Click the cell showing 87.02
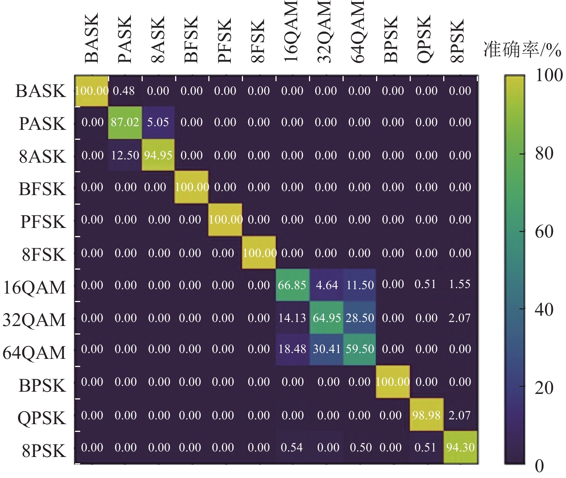[x=125, y=122]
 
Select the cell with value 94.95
[x=158, y=155]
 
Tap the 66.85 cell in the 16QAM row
[x=292, y=285]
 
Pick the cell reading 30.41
[x=327, y=349]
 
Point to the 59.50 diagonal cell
[x=360, y=349]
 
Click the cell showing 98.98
[x=426, y=415]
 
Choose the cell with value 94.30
[x=460, y=447]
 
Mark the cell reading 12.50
[x=125, y=155]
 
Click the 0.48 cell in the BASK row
[x=124, y=91]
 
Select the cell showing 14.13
[x=292, y=318]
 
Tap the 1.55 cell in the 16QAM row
[x=459, y=284]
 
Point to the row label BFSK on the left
[x=42, y=189]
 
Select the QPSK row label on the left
[x=42, y=418]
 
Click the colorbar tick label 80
[x=544, y=153]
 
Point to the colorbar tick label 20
[x=544, y=388]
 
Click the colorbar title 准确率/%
[x=522, y=50]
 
